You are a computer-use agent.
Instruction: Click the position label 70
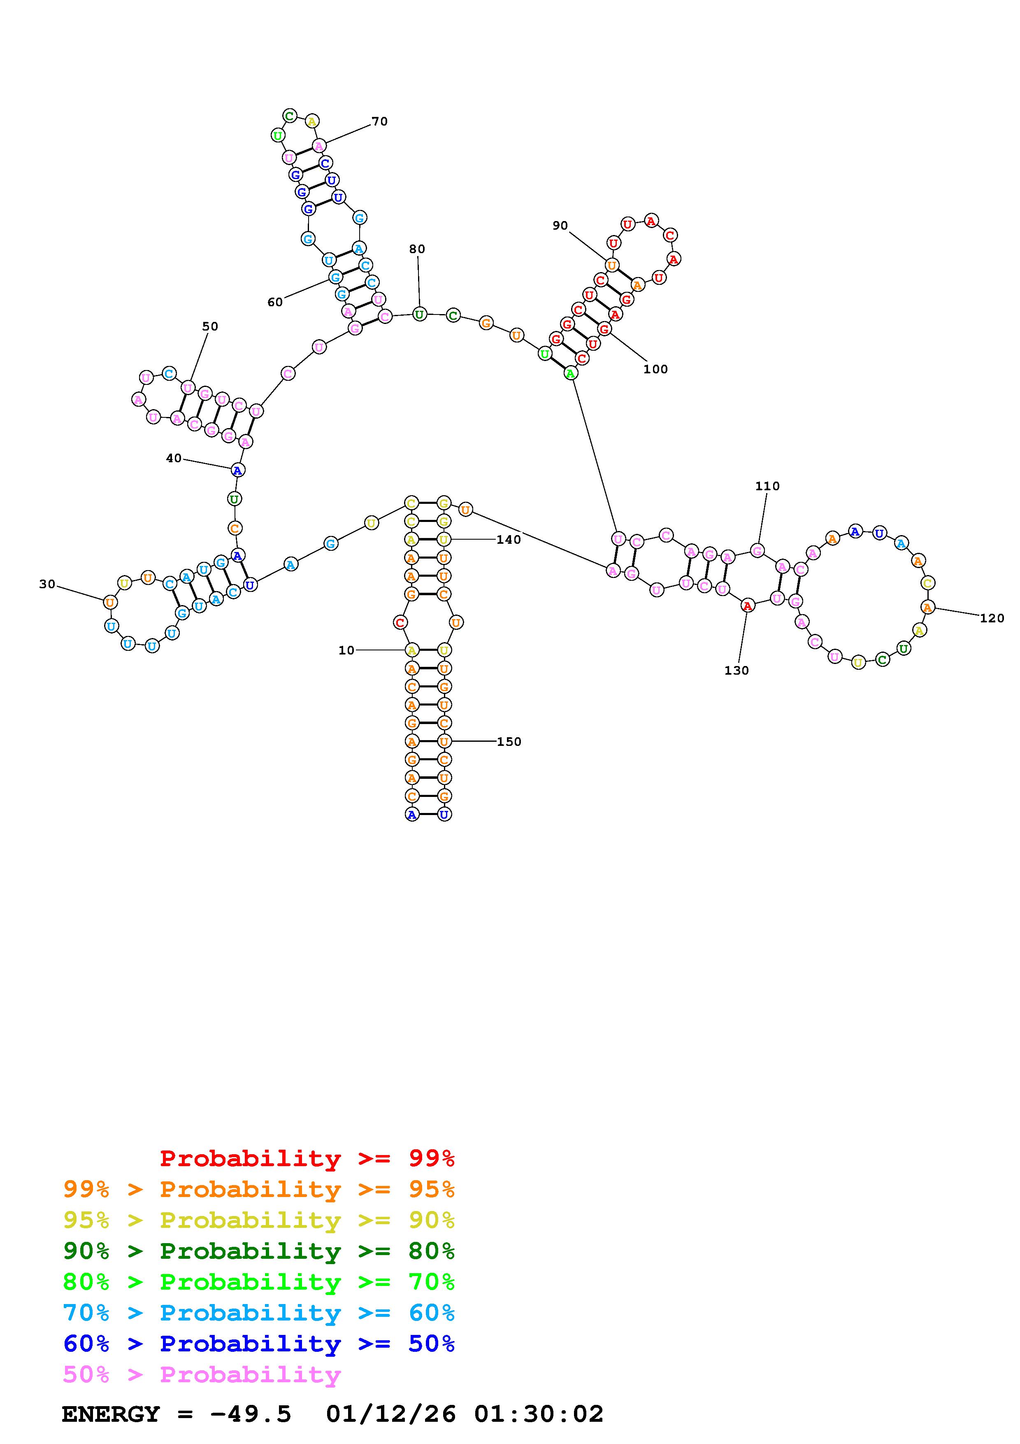(380, 121)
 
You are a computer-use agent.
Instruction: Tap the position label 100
(655, 369)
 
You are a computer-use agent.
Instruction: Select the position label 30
(47, 584)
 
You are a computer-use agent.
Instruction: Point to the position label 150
(509, 741)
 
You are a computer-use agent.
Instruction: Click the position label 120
(992, 618)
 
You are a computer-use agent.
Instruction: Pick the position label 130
(737, 671)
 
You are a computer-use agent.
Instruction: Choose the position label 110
(767, 486)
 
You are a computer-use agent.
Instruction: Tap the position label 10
(346, 650)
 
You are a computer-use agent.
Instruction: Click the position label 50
(210, 326)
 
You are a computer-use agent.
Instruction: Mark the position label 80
(417, 249)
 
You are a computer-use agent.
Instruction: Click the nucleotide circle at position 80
(419, 314)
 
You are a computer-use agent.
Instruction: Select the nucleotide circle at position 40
(237, 470)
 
